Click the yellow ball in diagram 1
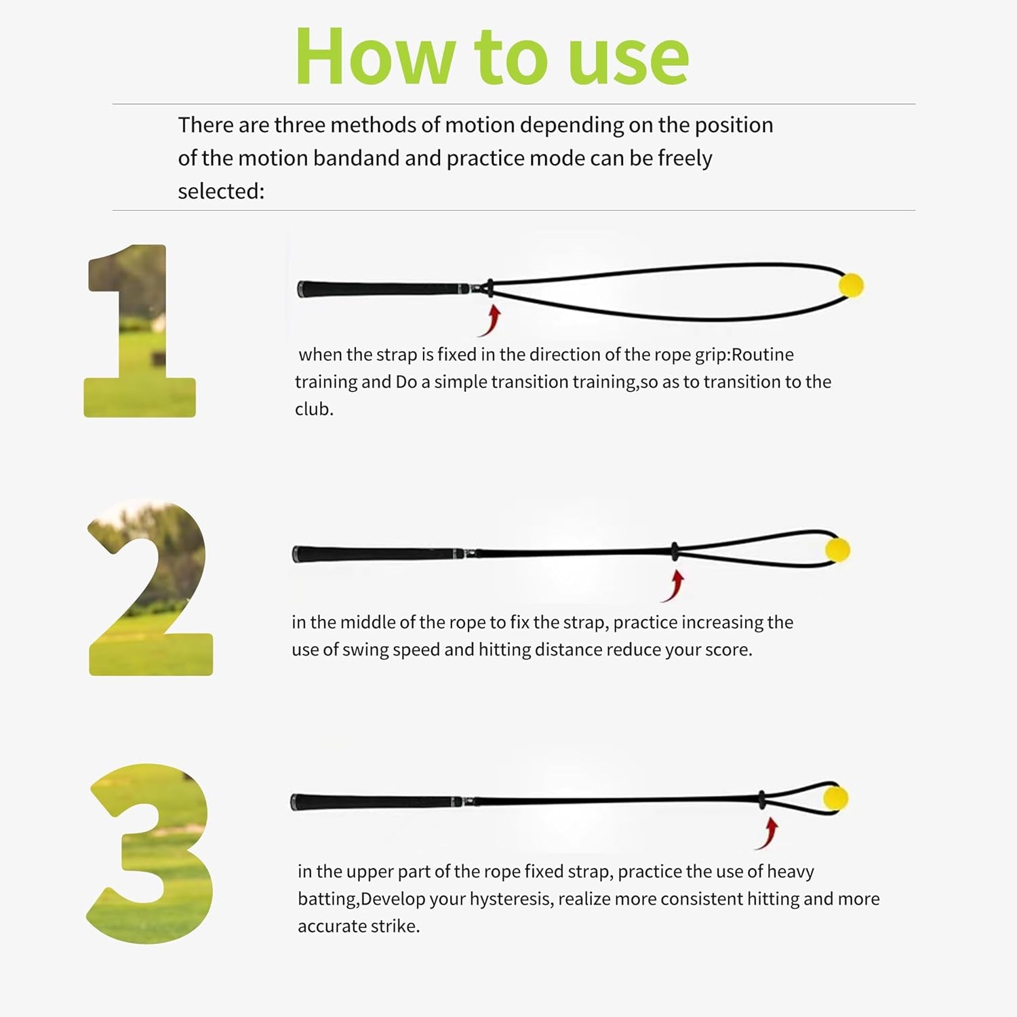851,285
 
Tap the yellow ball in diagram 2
838,550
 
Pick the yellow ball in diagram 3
835,798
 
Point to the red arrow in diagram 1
491,321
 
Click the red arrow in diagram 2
674,586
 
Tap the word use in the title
629,61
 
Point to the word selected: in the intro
221,191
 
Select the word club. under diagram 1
314,409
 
